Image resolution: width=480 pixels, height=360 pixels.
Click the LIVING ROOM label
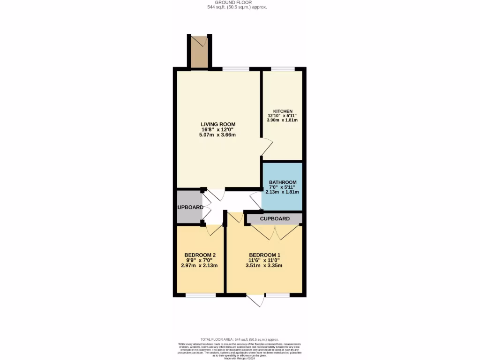[218, 124]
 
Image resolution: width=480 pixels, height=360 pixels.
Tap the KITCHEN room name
[283, 111]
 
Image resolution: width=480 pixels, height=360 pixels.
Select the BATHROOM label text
[283, 182]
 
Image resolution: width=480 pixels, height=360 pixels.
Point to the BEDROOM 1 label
[264, 255]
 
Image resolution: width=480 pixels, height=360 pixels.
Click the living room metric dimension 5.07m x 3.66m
[218, 135]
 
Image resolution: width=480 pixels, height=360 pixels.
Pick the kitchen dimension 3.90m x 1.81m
[283, 120]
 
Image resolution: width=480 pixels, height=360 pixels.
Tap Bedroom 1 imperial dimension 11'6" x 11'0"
[264, 260]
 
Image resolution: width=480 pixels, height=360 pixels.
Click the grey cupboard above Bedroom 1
[275, 218]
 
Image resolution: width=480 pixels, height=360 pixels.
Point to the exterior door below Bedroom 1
[256, 300]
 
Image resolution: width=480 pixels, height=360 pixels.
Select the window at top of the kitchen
[283, 69]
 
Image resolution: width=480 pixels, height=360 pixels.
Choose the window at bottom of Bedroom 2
[201, 295]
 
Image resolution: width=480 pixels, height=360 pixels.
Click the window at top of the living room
[236, 69]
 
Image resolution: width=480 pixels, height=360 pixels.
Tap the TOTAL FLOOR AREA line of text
[240, 339]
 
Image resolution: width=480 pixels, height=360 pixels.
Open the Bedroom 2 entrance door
[215, 229]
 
